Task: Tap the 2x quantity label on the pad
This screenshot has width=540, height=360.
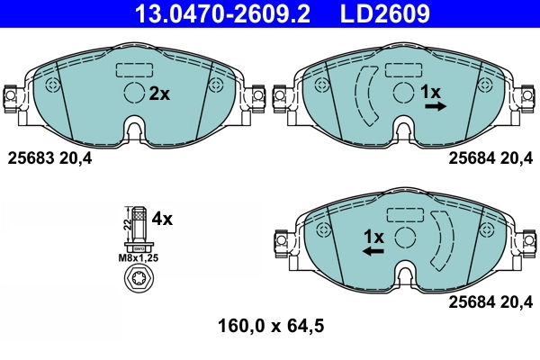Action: pyautogui.click(x=158, y=93)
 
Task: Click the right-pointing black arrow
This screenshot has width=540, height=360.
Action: pyautogui.click(x=436, y=106)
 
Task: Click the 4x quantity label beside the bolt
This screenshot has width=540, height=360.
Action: pyautogui.click(x=162, y=218)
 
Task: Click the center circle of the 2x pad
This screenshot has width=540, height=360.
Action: pyautogui.click(x=133, y=93)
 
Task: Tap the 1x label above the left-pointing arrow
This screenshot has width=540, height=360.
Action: pyautogui.click(x=373, y=237)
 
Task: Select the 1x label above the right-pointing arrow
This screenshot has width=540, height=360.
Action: pyautogui.click(x=431, y=92)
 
